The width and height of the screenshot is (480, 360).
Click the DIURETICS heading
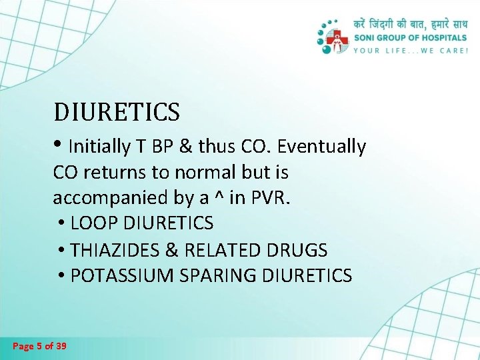click(117, 112)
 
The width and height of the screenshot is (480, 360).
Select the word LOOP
click(92, 223)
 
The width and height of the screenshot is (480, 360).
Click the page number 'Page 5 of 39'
click(39, 346)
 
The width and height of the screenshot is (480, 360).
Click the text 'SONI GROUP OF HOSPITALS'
click(411, 38)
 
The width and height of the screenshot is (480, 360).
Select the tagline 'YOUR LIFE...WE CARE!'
click(411, 50)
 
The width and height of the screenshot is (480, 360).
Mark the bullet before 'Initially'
click(59, 145)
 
